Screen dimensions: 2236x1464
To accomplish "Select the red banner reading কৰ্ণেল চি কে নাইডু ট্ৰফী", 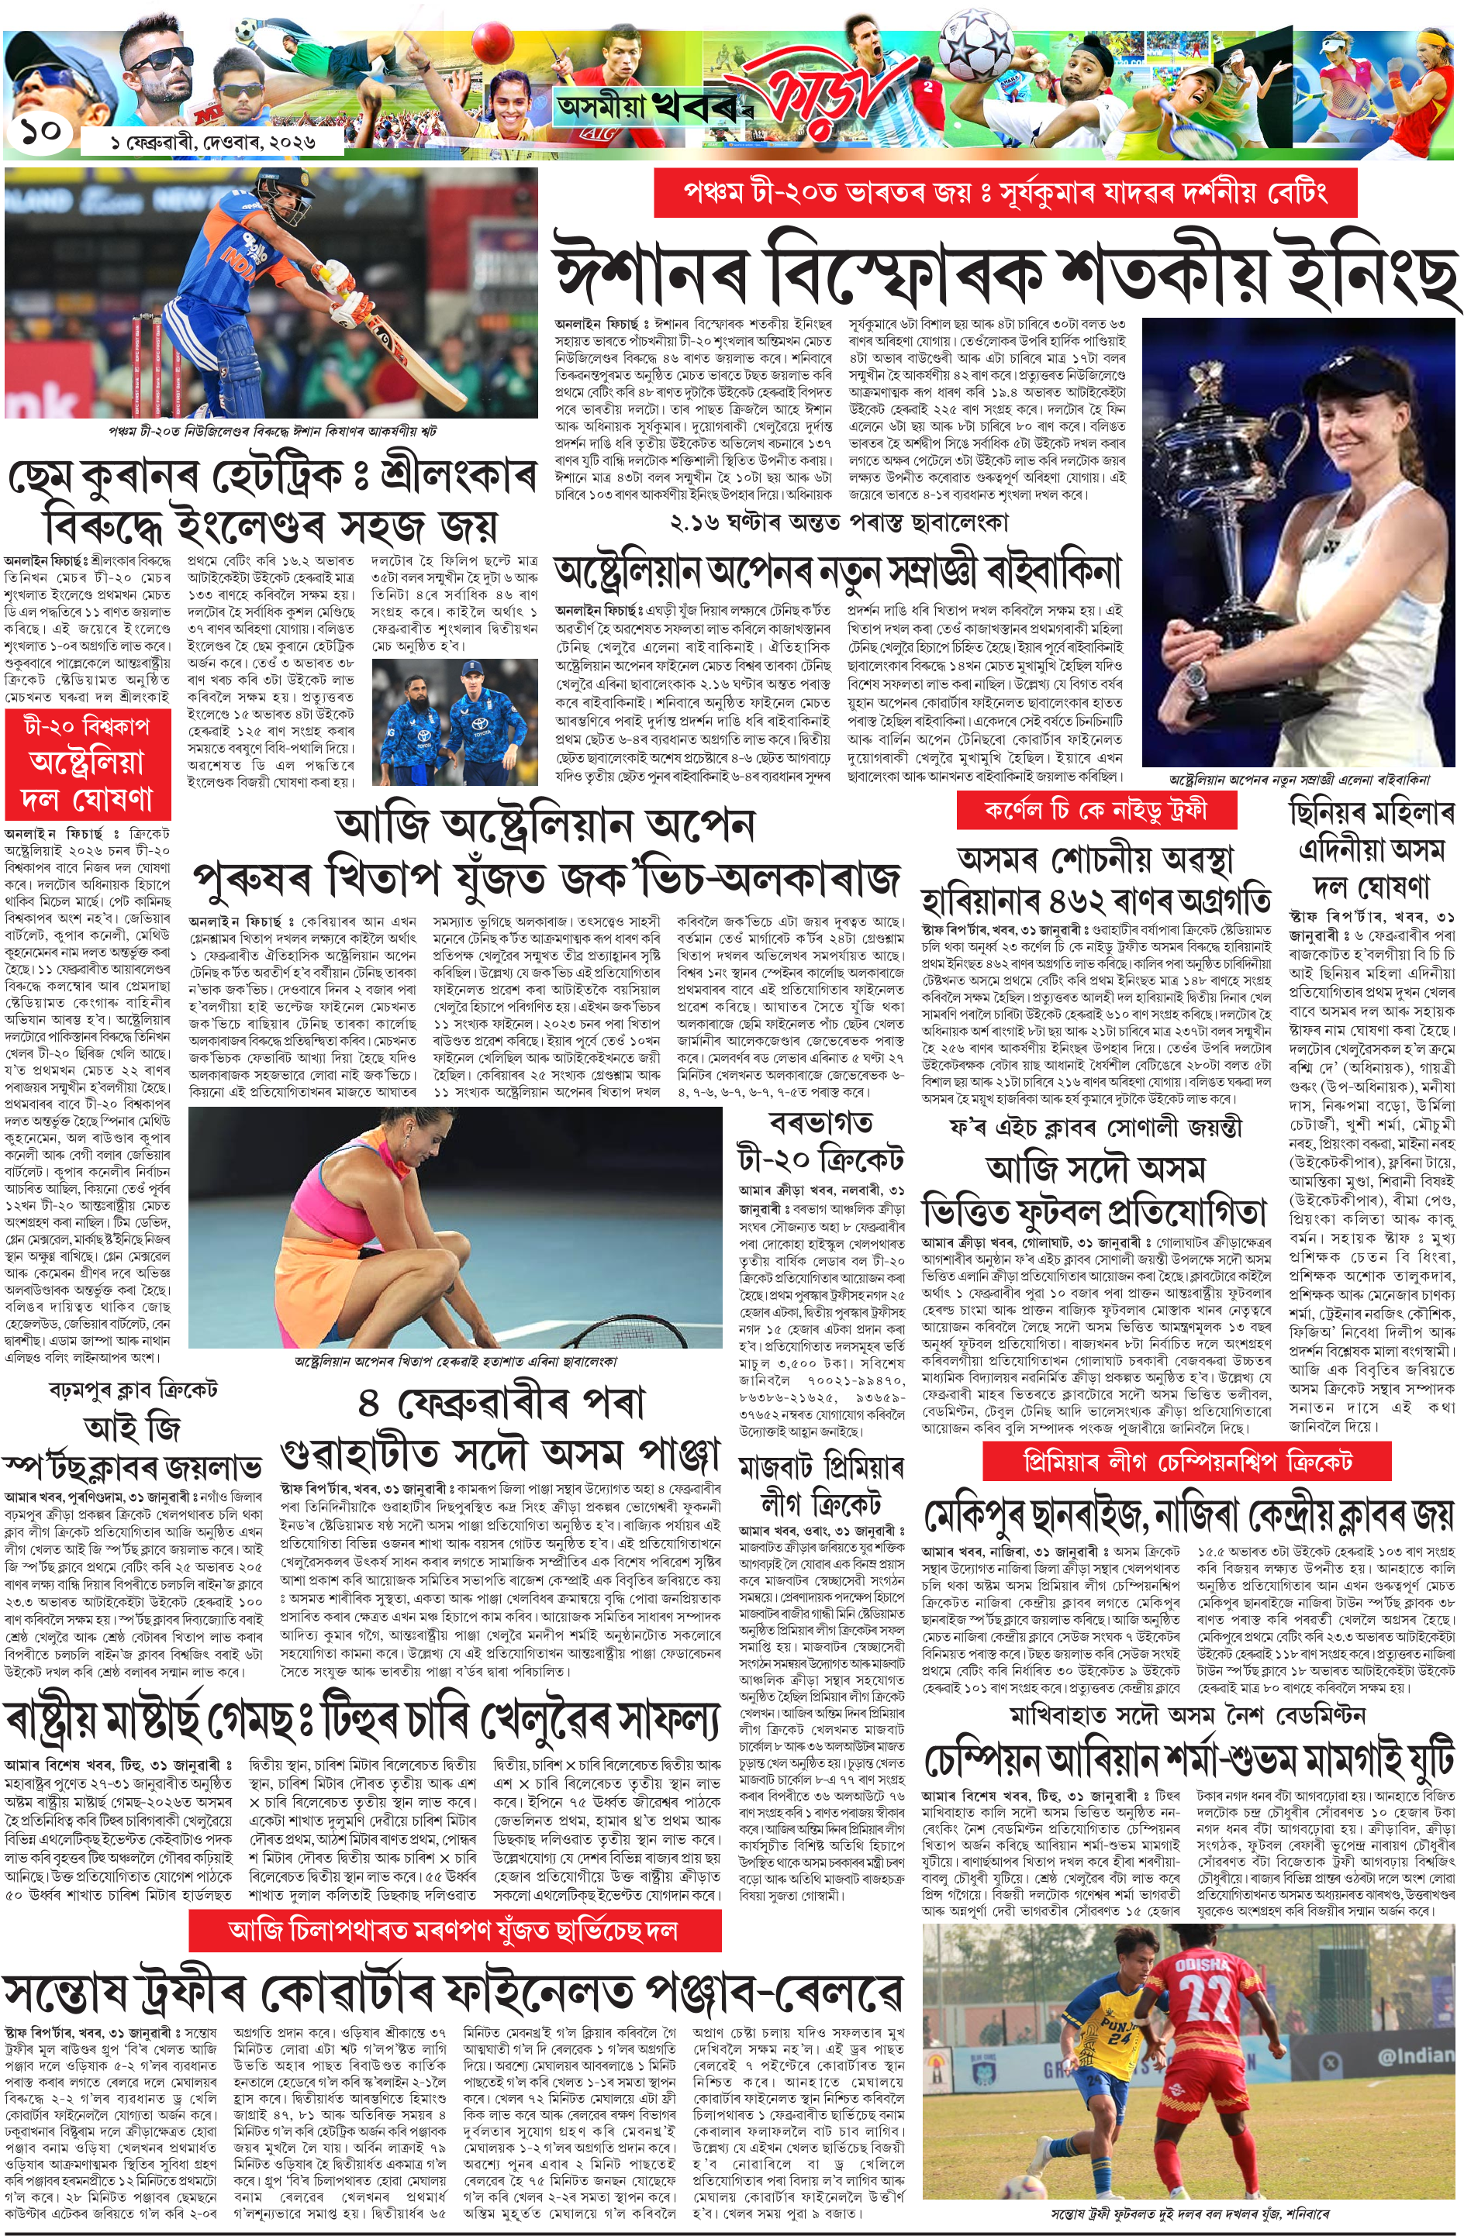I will (x=1095, y=810).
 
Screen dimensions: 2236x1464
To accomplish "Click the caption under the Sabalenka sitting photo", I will (x=456, y=1360).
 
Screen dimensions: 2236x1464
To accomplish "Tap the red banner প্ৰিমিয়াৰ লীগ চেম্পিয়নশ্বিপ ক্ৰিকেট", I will (x=1187, y=1462).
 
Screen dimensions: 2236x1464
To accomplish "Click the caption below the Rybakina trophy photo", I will (x=1299, y=779).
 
